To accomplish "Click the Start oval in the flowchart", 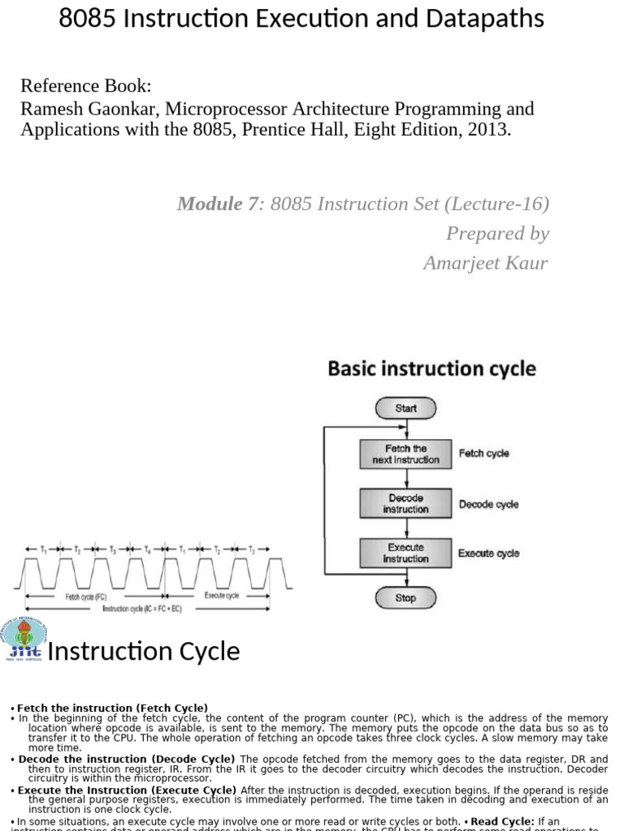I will pyautogui.click(x=405, y=408).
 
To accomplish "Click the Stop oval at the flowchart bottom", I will pyautogui.click(x=405, y=598).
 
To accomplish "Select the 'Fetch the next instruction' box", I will pyautogui.click(x=405, y=454).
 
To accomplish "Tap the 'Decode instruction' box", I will pyautogui.click(x=405, y=504).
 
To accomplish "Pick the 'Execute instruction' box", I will pyautogui.click(x=405, y=553).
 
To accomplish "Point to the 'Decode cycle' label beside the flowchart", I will pyautogui.click(x=488, y=504).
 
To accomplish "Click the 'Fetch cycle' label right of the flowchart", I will pyautogui.click(x=484, y=454).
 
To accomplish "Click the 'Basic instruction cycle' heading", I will pyautogui.click(x=431, y=369).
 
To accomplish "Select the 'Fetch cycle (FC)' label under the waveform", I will pyautogui.click(x=85, y=596).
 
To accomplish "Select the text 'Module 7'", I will pyautogui.click(x=217, y=204).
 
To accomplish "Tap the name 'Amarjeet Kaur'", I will pyautogui.click(x=486, y=263).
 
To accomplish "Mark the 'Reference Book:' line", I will pyautogui.click(x=85, y=86).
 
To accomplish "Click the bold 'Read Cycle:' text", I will pyautogui.click(x=504, y=821).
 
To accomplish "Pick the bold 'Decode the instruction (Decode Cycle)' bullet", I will pyautogui.click(x=127, y=759).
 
